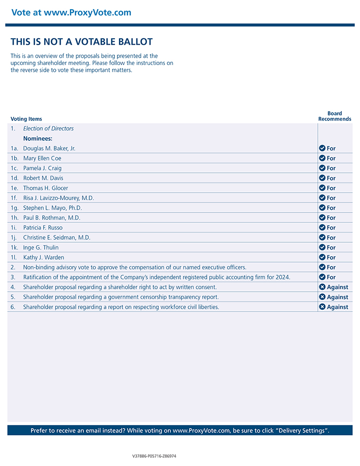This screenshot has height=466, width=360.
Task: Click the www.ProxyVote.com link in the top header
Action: [x=87, y=13]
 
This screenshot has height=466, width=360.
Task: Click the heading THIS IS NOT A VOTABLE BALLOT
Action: [x=82, y=42]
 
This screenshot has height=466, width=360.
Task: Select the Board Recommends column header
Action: [x=335, y=116]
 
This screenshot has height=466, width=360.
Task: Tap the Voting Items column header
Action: [x=26, y=119]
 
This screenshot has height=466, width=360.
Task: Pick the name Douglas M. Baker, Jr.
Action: [x=49, y=149]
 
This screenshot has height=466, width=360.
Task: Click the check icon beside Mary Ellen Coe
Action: [x=322, y=158]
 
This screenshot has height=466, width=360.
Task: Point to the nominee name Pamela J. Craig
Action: [x=42, y=168]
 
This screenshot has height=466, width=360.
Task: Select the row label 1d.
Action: [x=15, y=178]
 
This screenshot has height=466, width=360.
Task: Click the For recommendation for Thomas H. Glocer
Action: [x=331, y=188]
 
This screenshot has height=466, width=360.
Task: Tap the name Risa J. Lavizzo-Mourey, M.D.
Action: [x=59, y=198]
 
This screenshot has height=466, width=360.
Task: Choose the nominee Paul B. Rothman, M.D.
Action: [x=52, y=218]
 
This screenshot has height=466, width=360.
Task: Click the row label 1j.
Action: [x=14, y=238]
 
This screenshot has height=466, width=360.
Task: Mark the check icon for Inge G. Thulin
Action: [x=322, y=248]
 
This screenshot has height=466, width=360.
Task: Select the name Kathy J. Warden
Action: [x=44, y=258]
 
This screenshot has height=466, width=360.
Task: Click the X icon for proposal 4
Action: [x=322, y=287]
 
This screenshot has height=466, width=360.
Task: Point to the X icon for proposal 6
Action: [x=322, y=307]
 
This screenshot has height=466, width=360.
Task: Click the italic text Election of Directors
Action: [x=49, y=129]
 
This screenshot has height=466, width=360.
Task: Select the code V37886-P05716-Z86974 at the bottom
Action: [x=154, y=456]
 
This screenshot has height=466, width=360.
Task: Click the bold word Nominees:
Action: [x=38, y=138]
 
